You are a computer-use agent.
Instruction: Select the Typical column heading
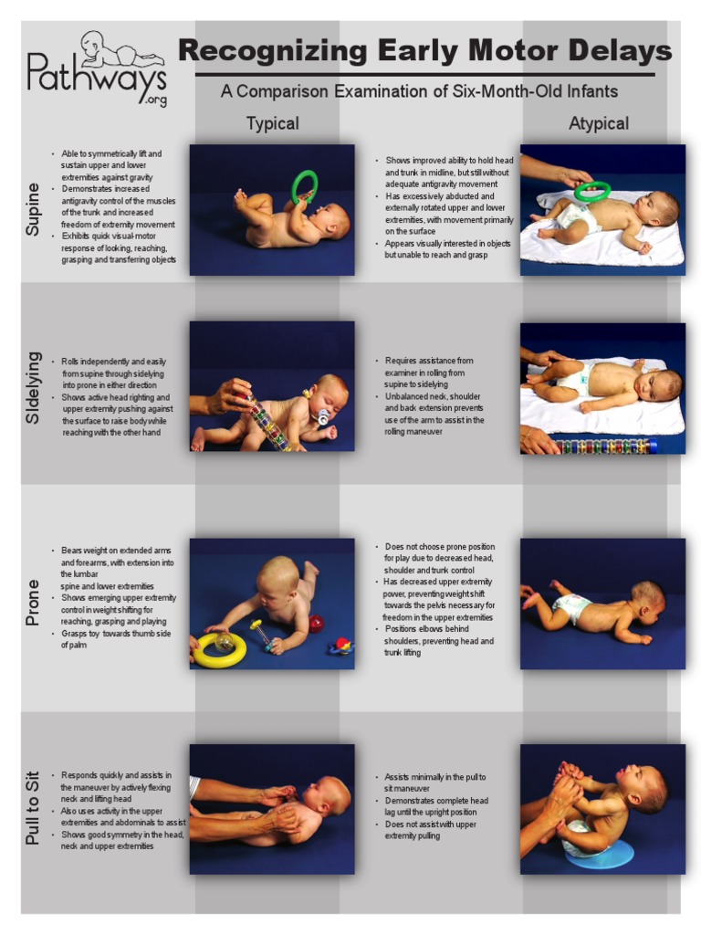(x=272, y=123)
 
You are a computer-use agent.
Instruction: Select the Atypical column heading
(x=599, y=123)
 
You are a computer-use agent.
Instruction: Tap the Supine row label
(x=34, y=209)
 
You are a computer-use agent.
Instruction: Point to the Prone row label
(x=34, y=602)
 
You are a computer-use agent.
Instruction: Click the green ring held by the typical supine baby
(x=303, y=186)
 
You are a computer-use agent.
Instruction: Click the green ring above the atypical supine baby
(x=592, y=191)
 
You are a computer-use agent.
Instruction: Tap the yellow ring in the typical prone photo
(x=219, y=649)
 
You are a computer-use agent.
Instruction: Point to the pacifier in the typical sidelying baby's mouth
(x=321, y=417)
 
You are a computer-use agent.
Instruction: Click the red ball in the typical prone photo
(x=316, y=624)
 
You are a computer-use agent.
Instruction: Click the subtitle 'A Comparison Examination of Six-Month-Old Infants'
(x=419, y=91)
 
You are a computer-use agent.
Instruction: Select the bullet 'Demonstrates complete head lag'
(x=435, y=806)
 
